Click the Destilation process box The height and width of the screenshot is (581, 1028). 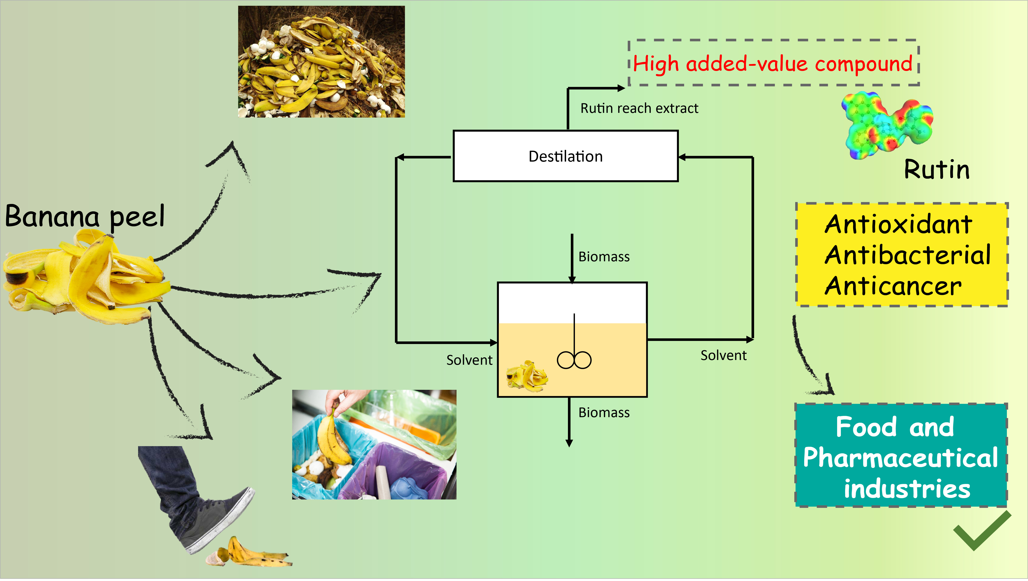565,156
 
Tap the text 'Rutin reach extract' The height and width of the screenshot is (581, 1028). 639,108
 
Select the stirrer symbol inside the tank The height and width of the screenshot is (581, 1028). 574,355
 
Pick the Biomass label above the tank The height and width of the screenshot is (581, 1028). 604,257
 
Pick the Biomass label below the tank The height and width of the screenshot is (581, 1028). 604,412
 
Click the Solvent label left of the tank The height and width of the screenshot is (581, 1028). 469,360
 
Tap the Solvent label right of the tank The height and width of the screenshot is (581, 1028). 723,355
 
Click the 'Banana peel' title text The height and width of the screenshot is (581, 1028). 85,216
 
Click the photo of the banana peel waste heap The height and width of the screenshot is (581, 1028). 321,61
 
